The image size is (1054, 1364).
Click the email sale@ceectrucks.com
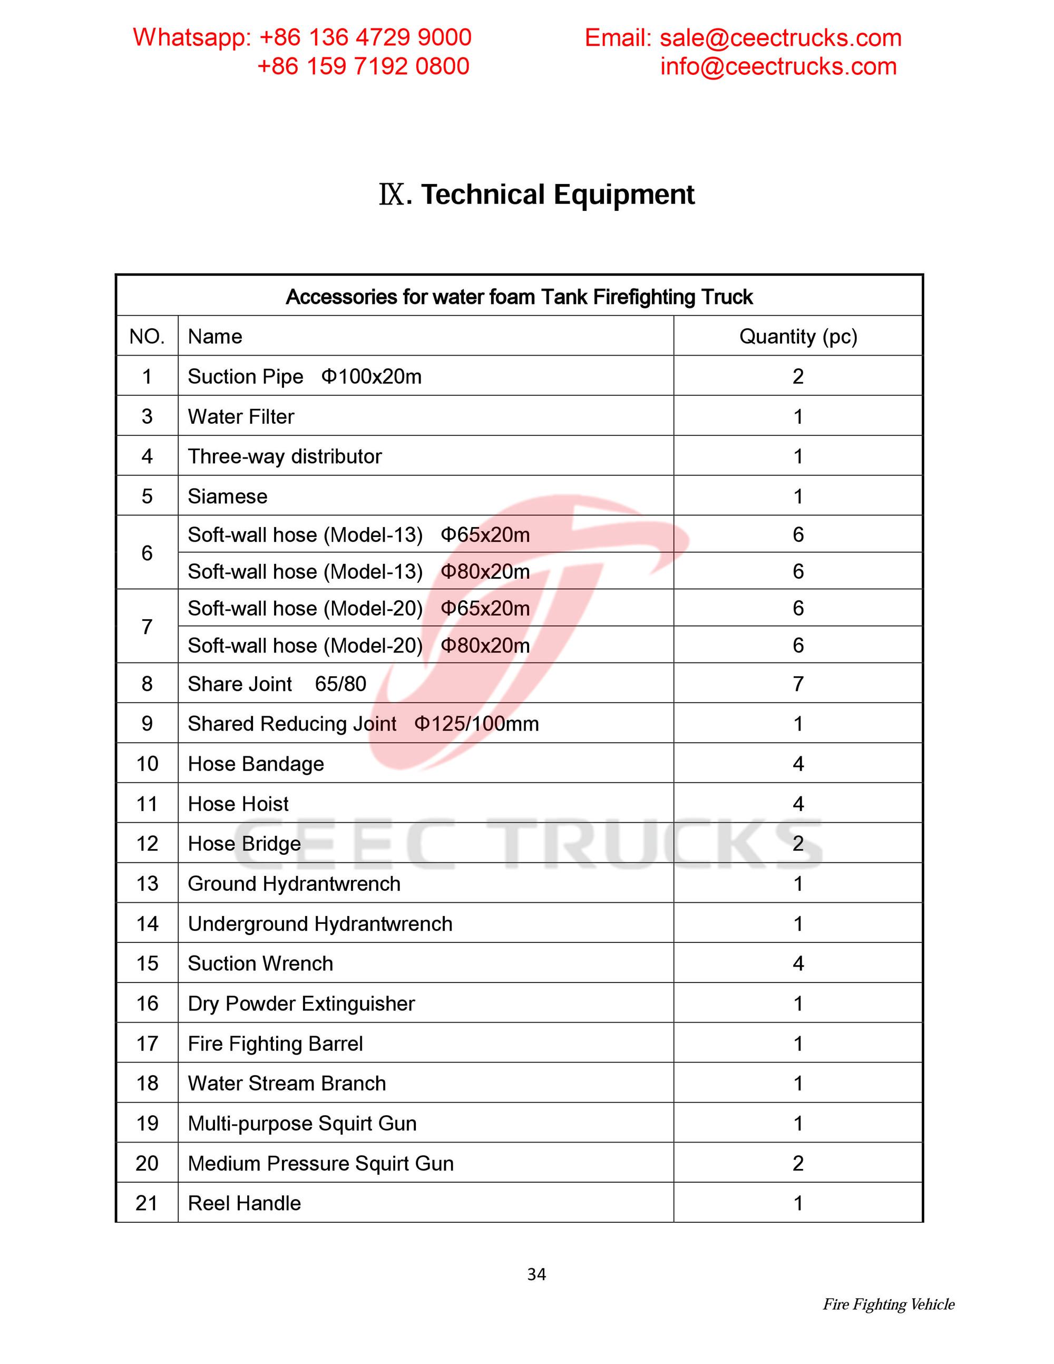[780, 38]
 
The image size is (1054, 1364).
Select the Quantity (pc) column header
[797, 337]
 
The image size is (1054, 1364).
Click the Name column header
[215, 337]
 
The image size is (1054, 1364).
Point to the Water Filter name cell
[241, 416]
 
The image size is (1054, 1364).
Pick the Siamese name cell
[227, 496]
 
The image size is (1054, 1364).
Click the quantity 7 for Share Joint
[797, 684]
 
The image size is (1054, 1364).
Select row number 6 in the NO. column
[147, 553]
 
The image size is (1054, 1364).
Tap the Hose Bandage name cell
[256, 764]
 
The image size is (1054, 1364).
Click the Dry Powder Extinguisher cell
[301, 1003]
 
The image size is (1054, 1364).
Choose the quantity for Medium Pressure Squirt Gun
[797, 1164]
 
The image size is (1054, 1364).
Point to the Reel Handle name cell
[244, 1203]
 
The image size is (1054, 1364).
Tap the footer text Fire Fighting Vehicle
[888, 1304]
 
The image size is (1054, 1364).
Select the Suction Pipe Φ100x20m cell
[305, 377]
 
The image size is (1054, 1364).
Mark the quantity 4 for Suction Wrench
[797, 963]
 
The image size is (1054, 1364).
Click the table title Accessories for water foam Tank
[519, 297]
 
